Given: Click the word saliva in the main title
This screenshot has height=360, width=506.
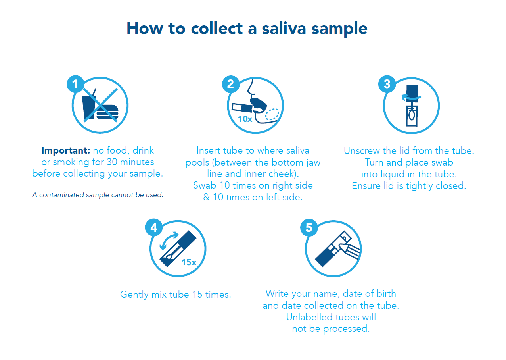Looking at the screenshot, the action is click(x=284, y=29).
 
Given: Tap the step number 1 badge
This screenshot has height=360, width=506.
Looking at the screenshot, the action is click(x=75, y=84).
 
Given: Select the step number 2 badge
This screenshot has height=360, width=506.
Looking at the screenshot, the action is click(x=231, y=84).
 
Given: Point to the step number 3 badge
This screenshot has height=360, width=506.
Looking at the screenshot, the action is click(x=387, y=84).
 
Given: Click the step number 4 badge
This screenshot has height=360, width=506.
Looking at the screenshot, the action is click(x=154, y=227).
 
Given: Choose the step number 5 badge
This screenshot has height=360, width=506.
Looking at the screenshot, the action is click(x=309, y=228).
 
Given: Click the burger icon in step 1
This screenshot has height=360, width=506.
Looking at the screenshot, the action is click(x=107, y=112).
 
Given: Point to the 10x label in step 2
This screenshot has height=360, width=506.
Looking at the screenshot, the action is click(x=245, y=119).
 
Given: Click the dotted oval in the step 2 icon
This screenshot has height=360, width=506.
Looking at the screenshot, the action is click(x=272, y=114).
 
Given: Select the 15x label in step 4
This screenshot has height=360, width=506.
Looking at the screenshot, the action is click(x=189, y=262).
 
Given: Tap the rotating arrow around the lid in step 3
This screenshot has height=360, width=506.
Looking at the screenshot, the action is click(x=411, y=98).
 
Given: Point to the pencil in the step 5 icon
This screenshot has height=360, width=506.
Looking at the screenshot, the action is click(x=349, y=251).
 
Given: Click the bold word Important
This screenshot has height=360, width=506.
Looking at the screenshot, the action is click(x=66, y=150).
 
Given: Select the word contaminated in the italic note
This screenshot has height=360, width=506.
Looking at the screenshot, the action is click(x=61, y=195).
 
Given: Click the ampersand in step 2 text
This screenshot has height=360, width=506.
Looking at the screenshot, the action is click(x=206, y=197).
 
